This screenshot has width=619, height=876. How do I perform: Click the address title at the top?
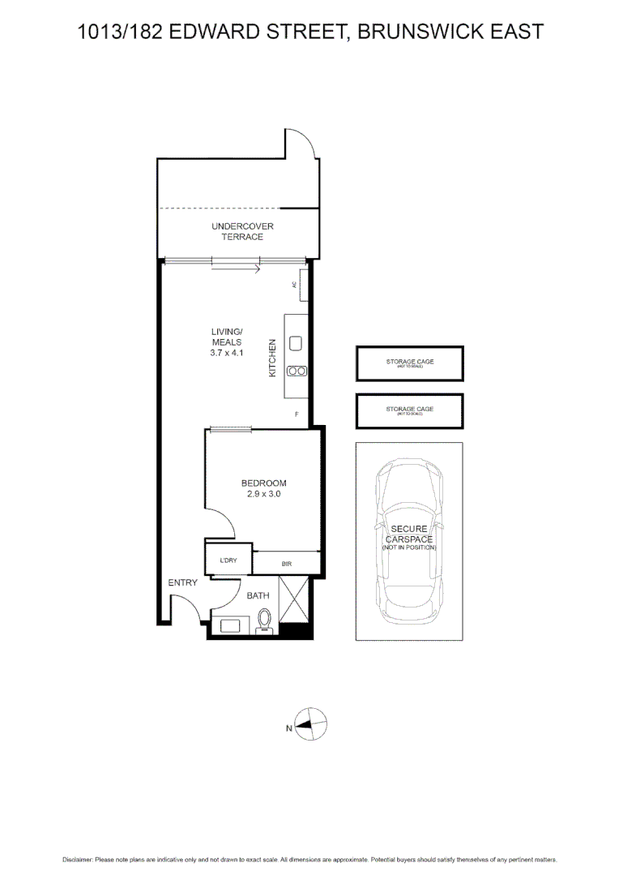[309, 32]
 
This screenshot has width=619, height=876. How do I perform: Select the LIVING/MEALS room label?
[227, 337]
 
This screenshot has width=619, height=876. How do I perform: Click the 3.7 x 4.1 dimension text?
[227, 353]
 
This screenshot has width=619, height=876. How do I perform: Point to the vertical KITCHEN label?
[273, 358]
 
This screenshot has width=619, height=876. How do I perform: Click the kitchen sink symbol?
[296, 344]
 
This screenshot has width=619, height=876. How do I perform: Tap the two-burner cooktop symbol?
[297, 371]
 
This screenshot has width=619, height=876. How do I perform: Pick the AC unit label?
[295, 285]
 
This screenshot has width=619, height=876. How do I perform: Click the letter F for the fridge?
[297, 414]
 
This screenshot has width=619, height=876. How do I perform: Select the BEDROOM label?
[263, 483]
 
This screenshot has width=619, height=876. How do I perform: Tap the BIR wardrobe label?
[287, 563]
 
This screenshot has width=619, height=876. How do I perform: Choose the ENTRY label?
[182, 582]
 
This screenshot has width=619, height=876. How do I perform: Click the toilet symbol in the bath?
[263, 620]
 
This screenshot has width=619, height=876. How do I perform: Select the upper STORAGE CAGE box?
[410, 363]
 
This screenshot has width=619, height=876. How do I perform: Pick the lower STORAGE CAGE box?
[410, 411]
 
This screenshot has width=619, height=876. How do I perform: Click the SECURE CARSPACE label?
[409, 535]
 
